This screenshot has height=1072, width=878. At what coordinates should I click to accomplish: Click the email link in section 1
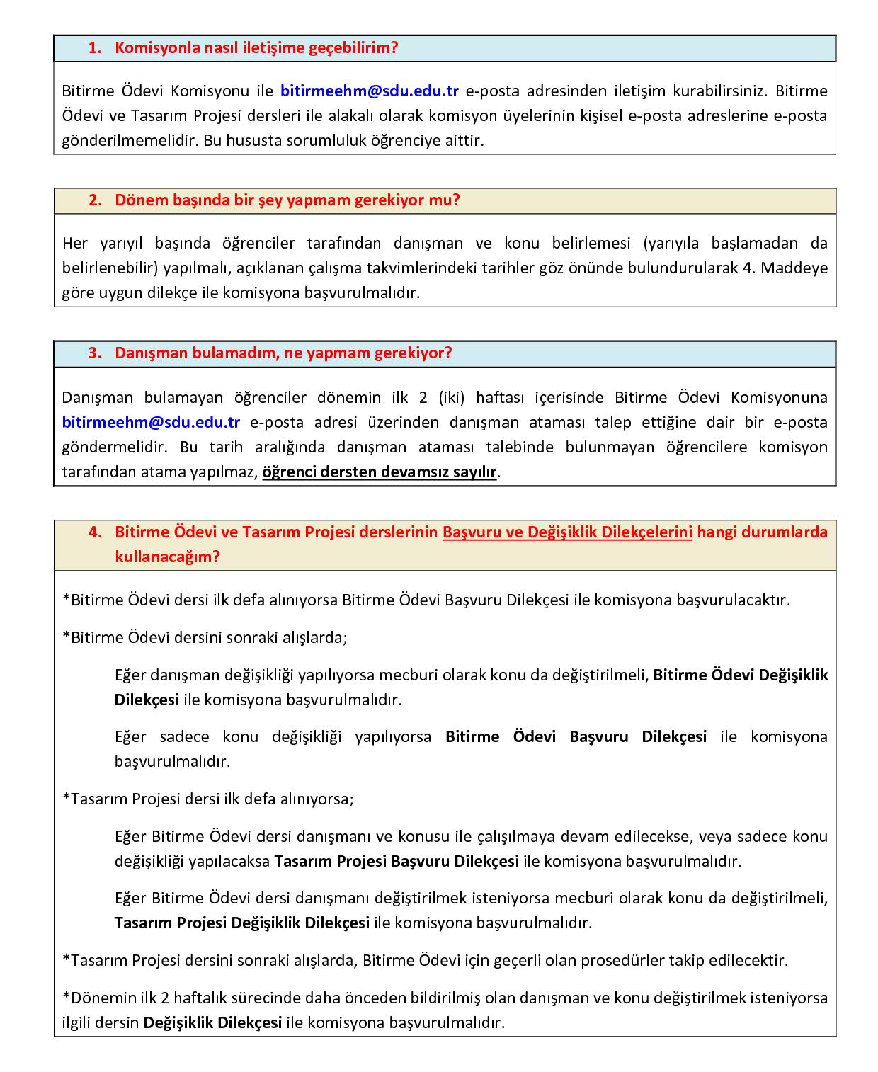[x=370, y=91]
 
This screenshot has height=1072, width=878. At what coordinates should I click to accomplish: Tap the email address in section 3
[x=151, y=422]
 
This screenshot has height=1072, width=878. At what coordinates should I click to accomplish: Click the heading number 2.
[x=95, y=200]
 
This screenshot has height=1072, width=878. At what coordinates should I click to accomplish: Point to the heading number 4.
[x=95, y=532]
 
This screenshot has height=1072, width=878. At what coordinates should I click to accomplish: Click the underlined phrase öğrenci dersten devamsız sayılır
[x=380, y=472]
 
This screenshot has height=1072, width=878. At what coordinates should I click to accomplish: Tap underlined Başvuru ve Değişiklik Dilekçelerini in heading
[x=567, y=532]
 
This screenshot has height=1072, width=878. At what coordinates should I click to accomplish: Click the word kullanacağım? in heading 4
[x=167, y=557]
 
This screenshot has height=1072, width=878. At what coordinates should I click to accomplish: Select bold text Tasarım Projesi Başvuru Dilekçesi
[x=397, y=861]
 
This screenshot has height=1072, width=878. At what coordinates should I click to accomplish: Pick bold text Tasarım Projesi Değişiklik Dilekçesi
[x=242, y=923]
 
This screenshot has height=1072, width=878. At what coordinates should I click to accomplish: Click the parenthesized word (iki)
[x=451, y=397]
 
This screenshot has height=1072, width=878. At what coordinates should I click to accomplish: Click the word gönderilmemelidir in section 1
[x=127, y=140]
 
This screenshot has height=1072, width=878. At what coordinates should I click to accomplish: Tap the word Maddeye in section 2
[x=794, y=268]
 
